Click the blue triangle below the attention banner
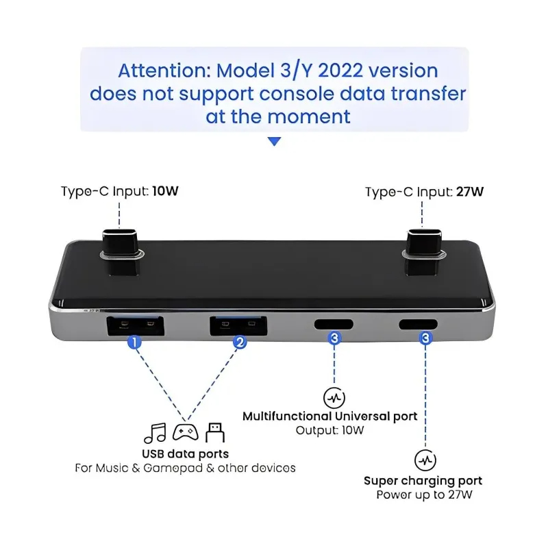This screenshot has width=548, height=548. point(274,141)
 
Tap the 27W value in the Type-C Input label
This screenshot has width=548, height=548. point(469,191)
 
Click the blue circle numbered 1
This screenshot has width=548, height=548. point(136,340)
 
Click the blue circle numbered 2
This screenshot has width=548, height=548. point(240,340)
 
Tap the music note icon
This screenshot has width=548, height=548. point(155,433)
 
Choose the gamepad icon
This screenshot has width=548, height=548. point(185,433)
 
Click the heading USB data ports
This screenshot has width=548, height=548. point(185,453)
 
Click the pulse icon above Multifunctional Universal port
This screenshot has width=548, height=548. point(334,397)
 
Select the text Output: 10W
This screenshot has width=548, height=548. point(330,431)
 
